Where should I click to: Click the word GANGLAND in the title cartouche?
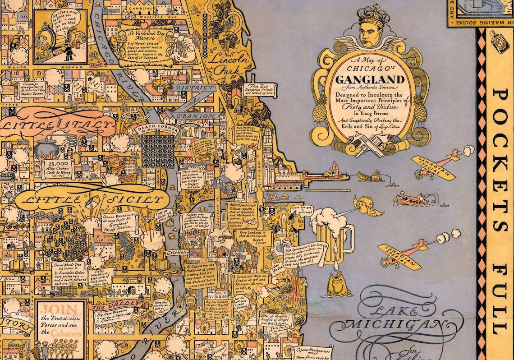(x=369, y=80)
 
